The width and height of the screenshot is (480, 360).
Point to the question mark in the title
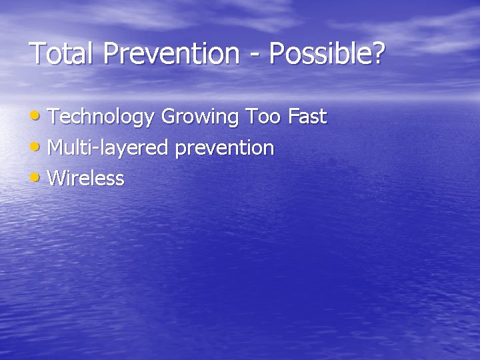click(379, 53)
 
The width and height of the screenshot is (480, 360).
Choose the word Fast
click(307, 117)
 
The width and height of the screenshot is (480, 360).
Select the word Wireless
click(86, 179)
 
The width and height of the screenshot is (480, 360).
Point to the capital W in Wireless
click(58, 179)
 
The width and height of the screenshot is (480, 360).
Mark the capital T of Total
click(38, 53)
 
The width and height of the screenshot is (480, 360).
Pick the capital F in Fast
click(293, 117)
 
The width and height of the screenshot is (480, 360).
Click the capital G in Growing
click(169, 117)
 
